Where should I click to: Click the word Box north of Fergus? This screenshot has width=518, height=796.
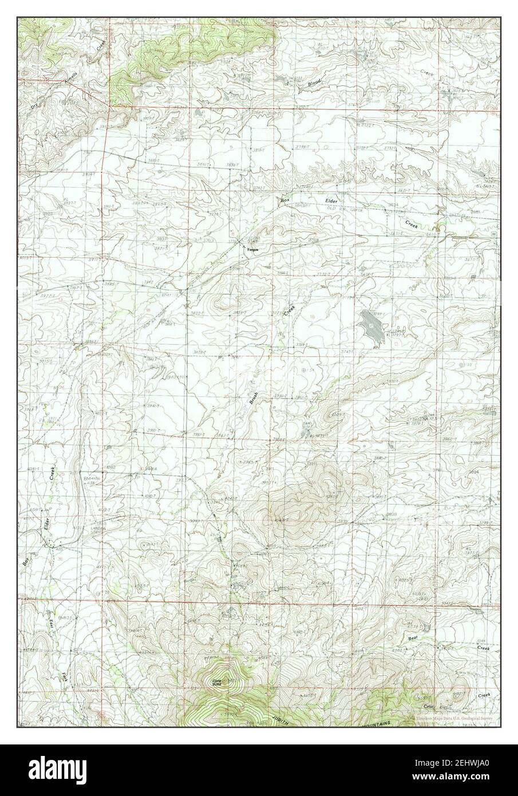[x=284, y=200]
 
